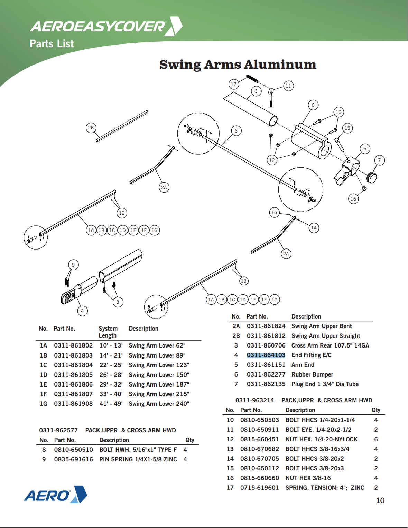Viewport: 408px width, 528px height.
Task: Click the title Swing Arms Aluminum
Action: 238,65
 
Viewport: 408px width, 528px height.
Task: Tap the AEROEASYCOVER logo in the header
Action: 106,26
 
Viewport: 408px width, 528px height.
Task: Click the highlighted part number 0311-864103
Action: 266,355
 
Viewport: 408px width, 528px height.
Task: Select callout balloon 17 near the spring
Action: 234,84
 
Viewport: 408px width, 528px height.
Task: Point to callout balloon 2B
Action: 91,128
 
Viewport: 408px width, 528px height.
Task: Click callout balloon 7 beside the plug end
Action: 379,160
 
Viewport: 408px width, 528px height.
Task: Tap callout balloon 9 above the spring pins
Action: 73,265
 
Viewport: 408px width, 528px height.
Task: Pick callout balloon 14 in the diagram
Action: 314,228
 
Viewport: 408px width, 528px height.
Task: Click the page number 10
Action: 380,500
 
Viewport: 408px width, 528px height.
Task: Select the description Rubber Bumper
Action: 312,374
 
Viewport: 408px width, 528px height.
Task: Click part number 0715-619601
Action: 259,488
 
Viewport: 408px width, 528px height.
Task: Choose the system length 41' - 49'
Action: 111,404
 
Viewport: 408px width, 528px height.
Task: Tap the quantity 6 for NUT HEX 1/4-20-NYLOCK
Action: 376,439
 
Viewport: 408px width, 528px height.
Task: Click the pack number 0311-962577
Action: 58,430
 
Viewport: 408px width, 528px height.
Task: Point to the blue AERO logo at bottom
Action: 55,495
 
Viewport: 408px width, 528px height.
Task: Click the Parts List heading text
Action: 52,44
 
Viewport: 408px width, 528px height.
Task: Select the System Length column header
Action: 108,332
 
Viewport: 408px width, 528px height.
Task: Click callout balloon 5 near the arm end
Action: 364,149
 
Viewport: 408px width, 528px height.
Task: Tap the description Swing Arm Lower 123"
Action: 159,365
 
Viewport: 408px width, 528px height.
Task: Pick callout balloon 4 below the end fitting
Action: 82,311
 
